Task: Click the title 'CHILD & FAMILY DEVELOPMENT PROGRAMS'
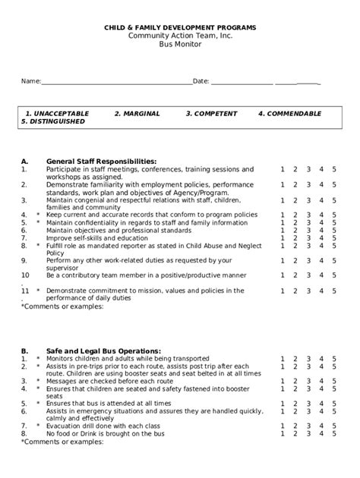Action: click(x=180, y=27)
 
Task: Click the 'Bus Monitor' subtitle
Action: click(x=180, y=44)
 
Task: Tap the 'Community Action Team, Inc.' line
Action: click(x=180, y=36)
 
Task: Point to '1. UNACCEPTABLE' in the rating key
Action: click(x=57, y=113)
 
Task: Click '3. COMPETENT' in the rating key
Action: click(x=211, y=113)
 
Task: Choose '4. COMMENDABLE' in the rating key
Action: click(x=288, y=113)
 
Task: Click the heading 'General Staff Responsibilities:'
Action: click(x=102, y=161)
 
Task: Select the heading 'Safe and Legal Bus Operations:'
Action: click(x=103, y=351)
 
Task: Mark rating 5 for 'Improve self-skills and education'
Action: click(x=333, y=237)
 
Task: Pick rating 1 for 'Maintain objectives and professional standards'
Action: click(x=282, y=230)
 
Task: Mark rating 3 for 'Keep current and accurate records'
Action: click(x=308, y=215)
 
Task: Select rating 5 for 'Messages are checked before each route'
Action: click(x=333, y=382)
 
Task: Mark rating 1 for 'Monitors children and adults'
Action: click(x=282, y=359)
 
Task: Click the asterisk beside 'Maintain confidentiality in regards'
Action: click(x=37, y=222)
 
